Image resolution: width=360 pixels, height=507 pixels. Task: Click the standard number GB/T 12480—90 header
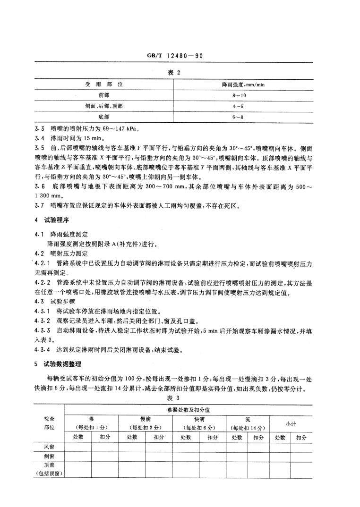(180, 55)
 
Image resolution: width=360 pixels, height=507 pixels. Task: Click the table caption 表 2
(180, 73)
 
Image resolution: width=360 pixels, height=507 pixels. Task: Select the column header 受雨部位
(104, 84)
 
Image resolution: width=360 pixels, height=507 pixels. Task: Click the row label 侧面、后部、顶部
(104, 106)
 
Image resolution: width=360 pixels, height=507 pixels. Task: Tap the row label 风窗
(49, 447)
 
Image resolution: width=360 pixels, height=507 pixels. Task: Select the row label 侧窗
(49, 456)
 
